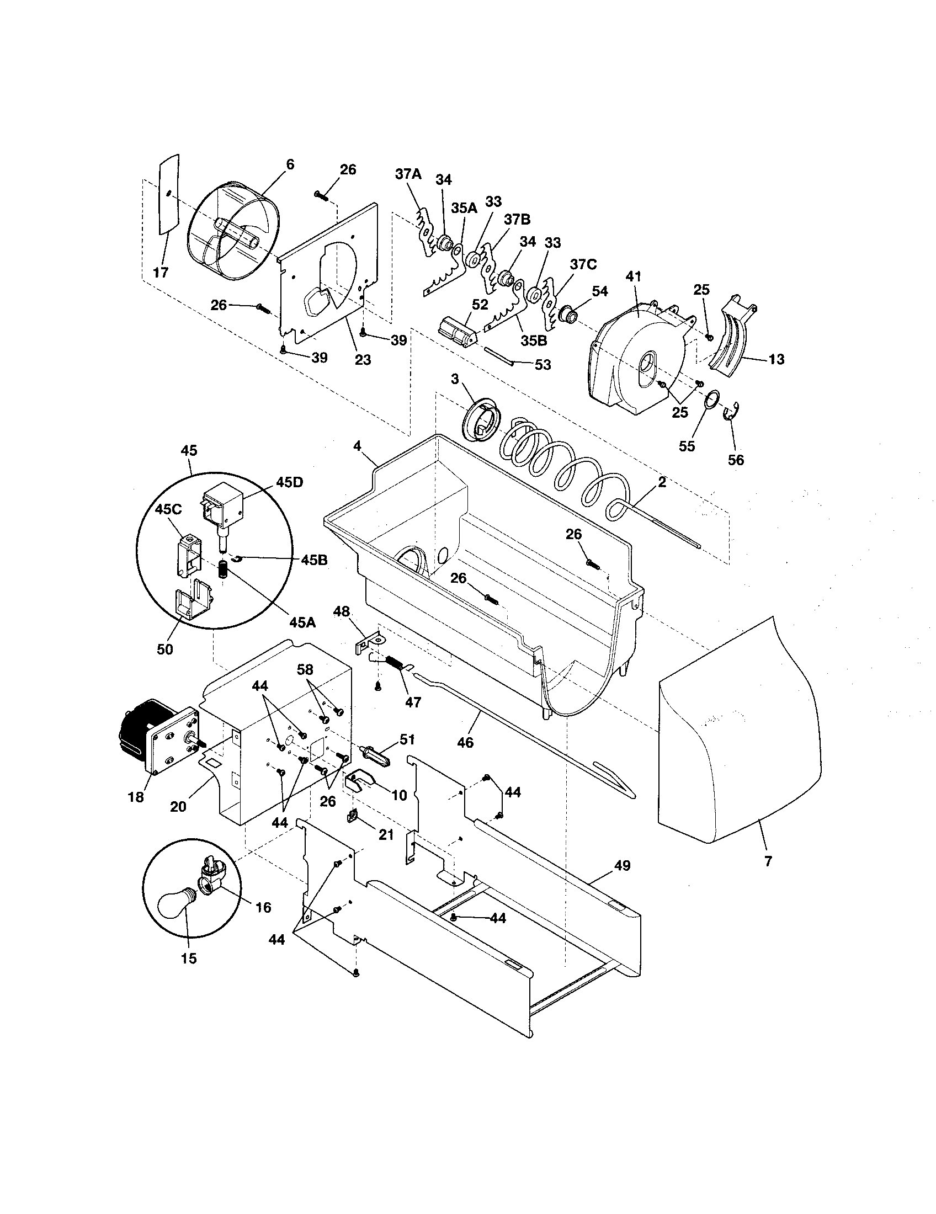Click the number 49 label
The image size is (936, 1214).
pyautogui.click(x=623, y=865)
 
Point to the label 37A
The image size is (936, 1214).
pyautogui.click(x=408, y=174)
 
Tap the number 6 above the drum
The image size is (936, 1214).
pyautogui.click(x=290, y=164)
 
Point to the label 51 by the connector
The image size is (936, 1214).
pyautogui.click(x=407, y=739)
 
